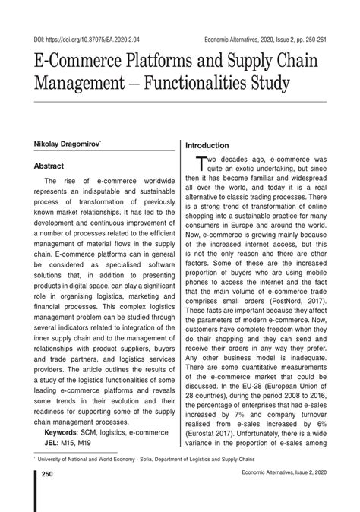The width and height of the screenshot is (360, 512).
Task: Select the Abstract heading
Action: [50, 164]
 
